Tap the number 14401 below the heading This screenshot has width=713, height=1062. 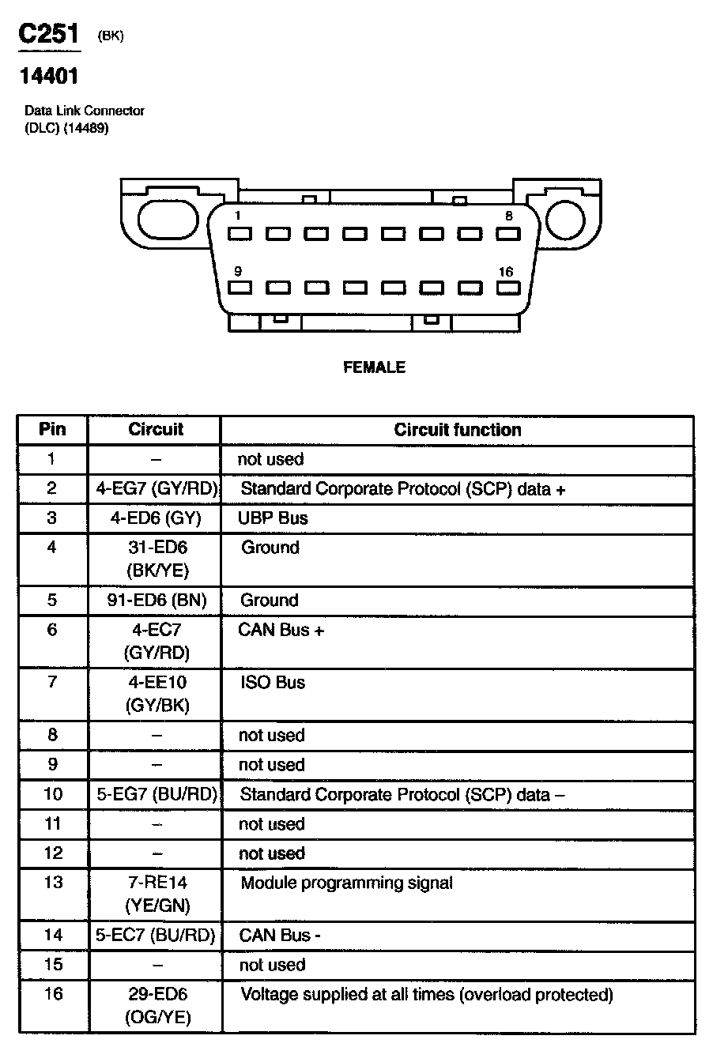point(49,77)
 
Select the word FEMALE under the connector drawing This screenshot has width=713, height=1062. point(374,367)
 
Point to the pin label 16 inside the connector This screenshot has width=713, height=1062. point(506,272)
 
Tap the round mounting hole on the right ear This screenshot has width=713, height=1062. point(568,219)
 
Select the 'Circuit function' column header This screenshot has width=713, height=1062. point(458,430)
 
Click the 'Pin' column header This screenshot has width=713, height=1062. point(52,430)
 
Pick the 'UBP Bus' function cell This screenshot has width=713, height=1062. point(273,518)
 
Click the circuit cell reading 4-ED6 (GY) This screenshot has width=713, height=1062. point(156,518)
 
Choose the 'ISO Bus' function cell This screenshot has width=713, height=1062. point(273,683)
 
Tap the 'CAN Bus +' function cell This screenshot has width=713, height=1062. point(281,631)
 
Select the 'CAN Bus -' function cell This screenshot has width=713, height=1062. point(279,936)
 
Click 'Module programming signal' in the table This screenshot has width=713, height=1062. point(346,883)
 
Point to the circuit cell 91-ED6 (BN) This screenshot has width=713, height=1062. point(156,601)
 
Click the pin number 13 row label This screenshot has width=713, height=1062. point(52,883)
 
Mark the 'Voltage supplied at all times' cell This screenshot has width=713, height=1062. point(426,995)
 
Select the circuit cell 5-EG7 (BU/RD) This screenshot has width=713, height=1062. point(156,794)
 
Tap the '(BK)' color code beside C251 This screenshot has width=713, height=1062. point(111,36)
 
